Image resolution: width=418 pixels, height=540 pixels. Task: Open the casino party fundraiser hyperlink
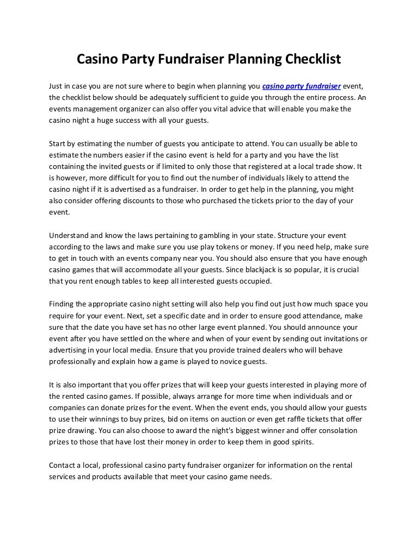pyautogui.click(x=302, y=86)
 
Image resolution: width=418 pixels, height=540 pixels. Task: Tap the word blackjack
pyautogui.click(x=251, y=270)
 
